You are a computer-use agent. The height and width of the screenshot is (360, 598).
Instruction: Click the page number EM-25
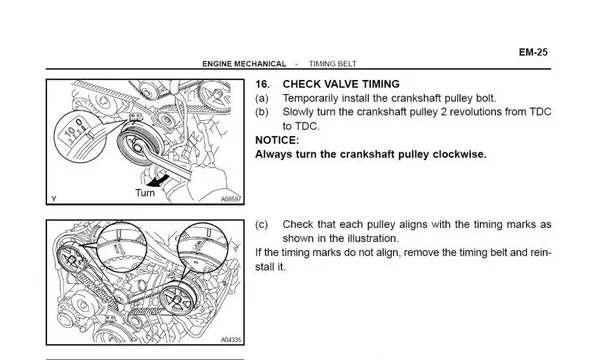click(x=533, y=52)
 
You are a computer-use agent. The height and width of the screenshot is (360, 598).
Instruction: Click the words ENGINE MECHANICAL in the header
click(x=244, y=64)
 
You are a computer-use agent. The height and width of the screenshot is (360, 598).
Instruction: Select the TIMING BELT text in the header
click(x=333, y=64)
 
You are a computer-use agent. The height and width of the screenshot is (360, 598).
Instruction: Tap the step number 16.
click(x=262, y=84)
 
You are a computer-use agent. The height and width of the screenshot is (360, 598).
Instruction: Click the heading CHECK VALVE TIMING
click(x=341, y=84)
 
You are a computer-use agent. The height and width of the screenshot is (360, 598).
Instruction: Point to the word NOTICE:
click(x=277, y=140)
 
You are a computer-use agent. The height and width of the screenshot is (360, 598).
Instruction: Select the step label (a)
click(x=262, y=98)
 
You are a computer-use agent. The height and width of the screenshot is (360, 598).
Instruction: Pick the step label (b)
click(x=262, y=112)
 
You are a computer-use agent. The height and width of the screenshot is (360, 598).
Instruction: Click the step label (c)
click(x=262, y=225)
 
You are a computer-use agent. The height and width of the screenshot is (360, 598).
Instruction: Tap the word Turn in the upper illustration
click(x=145, y=193)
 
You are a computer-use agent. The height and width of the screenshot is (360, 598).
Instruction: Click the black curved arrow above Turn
click(x=158, y=180)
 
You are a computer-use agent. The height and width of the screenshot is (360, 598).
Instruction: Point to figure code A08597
click(x=231, y=199)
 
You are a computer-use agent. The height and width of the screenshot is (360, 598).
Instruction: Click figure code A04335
click(x=231, y=340)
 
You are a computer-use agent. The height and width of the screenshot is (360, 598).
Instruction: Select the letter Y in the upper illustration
click(x=54, y=199)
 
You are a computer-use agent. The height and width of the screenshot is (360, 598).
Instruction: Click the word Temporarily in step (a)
click(x=310, y=98)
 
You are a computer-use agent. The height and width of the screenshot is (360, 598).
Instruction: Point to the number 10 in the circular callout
click(x=71, y=132)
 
